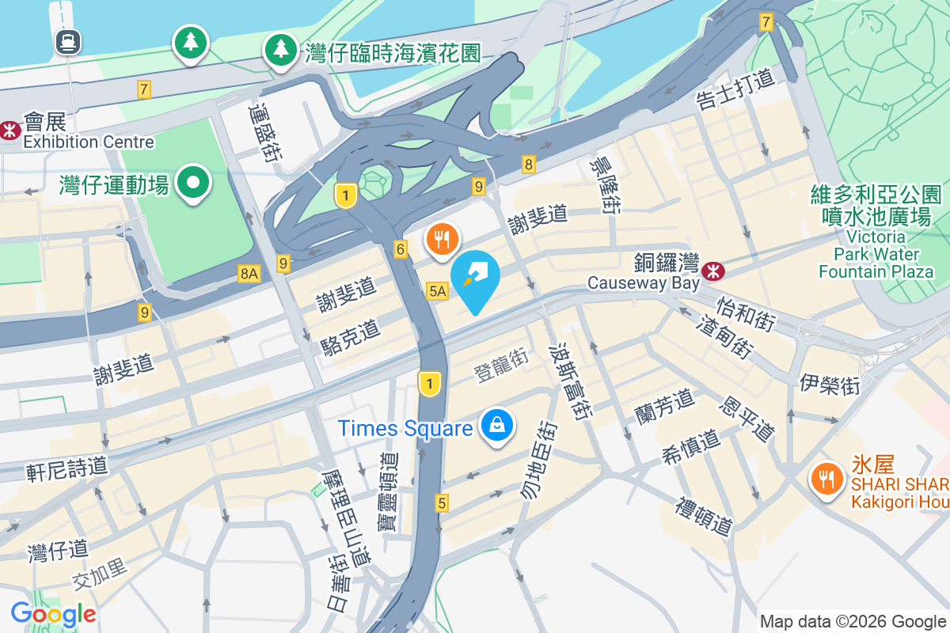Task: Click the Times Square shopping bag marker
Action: [x=496, y=426]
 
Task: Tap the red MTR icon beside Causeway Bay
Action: [x=714, y=271]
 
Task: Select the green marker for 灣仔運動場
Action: [x=192, y=184]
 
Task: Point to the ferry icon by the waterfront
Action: [x=66, y=40]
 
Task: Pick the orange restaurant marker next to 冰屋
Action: [x=826, y=478]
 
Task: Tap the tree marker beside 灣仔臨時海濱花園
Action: [x=279, y=50]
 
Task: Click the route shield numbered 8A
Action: [x=249, y=274]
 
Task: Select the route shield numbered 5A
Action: [x=437, y=291]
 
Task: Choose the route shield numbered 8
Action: [x=529, y=165]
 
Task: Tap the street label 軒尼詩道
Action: [x=67, y=467]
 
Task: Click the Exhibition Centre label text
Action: [x=89, y=142]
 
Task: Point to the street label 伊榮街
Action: [x=830, y=384]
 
